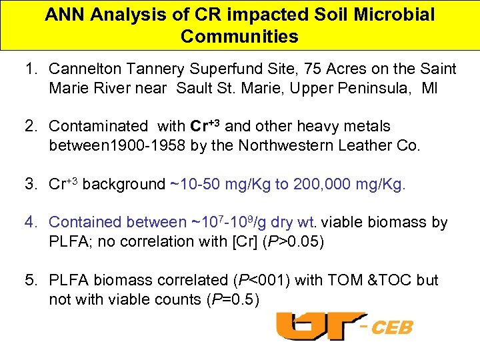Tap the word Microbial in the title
point(393,15)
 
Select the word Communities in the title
point(239,37)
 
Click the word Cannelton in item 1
point(84,69)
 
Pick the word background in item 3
point(123,185)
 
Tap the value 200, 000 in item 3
point(322,185)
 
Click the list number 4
point(31,223)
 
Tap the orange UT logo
point(321,325)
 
